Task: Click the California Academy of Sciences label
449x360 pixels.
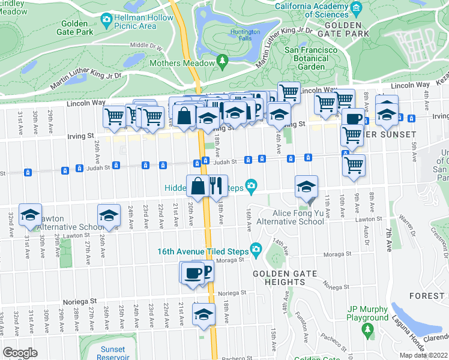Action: click(312, 11)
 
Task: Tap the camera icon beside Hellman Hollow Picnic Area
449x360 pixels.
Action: click(107, 19)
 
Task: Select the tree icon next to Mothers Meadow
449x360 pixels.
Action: click(223, 60)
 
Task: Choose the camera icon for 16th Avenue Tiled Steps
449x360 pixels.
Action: click(256, 249)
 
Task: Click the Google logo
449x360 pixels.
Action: click(20, 353)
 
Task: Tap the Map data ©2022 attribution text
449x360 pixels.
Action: click(423, 355)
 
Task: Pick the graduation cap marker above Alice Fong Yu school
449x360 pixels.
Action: click(306, 187)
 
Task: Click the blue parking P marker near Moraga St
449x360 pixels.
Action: click(206, 272)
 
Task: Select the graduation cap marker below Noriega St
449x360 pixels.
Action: click(204, 314)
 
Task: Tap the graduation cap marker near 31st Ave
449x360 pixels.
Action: click(30, 215)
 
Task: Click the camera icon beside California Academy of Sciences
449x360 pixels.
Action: click(357, 8)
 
